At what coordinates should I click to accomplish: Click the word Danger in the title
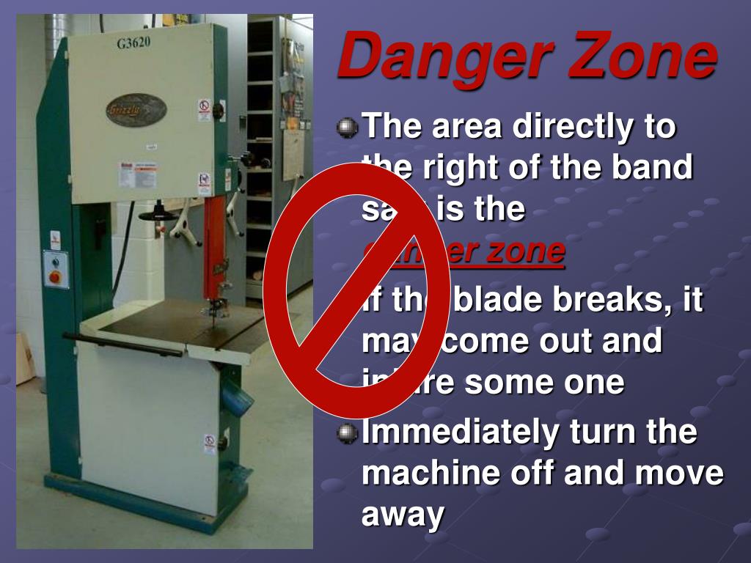(433, 59)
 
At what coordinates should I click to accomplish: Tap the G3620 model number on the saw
(133, 43)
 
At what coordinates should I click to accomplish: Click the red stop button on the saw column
(55, 277)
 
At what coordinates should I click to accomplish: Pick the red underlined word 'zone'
(525, 251)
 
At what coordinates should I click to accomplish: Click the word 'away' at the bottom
(403, 515)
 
